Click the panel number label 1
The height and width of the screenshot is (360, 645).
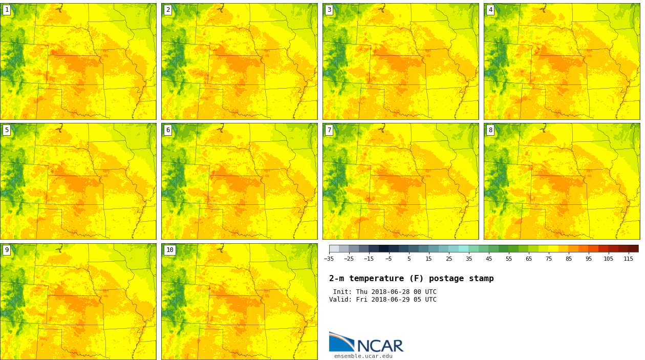click(x=7, y=10)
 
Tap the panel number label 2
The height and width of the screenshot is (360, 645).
click(x=168, y=10)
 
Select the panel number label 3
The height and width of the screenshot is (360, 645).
click(x=329, y=10)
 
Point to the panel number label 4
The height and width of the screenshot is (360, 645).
click(x=490, y=10)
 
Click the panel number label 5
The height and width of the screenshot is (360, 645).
click(x=7, y=130)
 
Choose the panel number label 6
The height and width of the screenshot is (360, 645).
click(x=168, y=130)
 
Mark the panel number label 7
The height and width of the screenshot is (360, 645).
click(x=329, y=130)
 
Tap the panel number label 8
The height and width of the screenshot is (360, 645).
click(x=490, y=130)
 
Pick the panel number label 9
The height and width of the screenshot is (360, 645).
click(x=7, y=250)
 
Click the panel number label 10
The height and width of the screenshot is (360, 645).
click(x=169, y=250)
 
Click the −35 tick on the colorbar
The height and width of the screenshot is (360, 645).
click(x=329, y=259)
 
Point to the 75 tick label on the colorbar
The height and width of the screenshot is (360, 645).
click(x=549, y=259)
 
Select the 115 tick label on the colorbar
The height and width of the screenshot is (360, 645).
click(x=629, y=259)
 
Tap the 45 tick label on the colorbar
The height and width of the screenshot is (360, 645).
click(x=489, y=259)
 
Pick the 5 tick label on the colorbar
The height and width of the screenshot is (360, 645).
click(x=409, y=259)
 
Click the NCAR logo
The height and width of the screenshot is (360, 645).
click(x=366, y=343)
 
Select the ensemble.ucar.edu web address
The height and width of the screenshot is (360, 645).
click(x=363, y=356)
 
